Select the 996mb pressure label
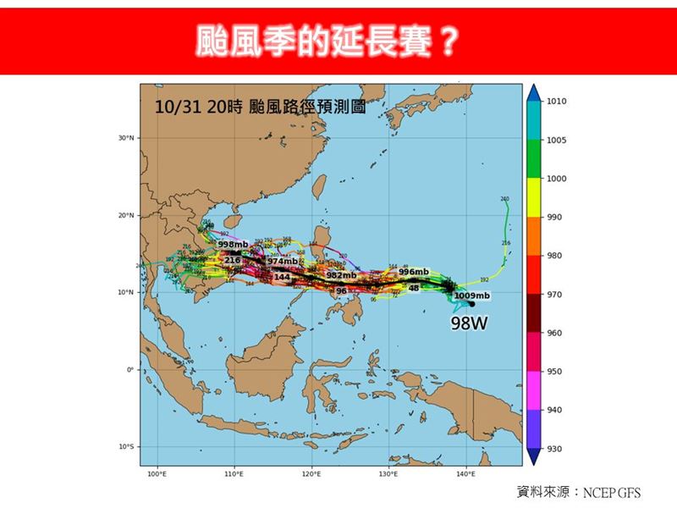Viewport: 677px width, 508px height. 414,272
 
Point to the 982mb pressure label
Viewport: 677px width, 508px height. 340,276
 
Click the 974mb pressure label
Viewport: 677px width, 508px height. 283,262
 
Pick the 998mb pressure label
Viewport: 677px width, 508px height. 233,245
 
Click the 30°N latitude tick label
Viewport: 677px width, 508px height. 127,138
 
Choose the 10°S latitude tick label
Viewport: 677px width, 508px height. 127,447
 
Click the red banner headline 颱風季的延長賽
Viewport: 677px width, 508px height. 338,38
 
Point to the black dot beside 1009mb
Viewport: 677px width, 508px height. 471,304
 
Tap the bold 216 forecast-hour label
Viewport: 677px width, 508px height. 233,260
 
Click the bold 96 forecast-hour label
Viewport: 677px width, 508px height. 341,290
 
